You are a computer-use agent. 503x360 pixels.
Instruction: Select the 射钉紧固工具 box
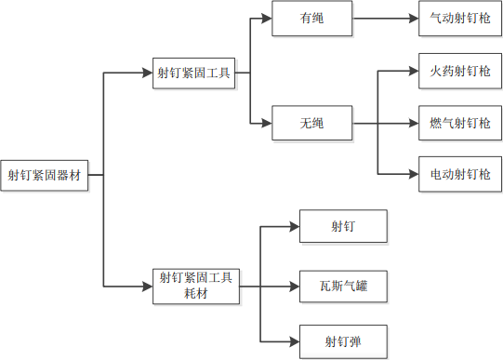pyautogui.click(x=194, y=72)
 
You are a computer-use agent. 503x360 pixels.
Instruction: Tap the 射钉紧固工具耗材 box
pyautogui.click(x=195, y=285)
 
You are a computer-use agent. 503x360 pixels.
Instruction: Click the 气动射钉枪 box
pyautogui.click(x=459, y=19)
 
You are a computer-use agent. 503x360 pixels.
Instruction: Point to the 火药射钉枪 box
pyautogui.click(x=459, y=71)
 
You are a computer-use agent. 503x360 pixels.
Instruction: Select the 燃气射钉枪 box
pyautogui.click(x=459, y=123)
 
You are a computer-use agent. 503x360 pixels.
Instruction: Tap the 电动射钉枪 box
pyautogui.click(x=459, y=173)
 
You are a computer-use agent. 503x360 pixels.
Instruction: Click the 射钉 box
pyautogui.click(x=342, y=226)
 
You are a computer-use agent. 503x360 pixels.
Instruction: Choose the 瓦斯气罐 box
pyautogui.click(x=342, y=285)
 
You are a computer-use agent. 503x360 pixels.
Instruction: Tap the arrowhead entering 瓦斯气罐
pyautogui.click(x=294, y=285)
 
